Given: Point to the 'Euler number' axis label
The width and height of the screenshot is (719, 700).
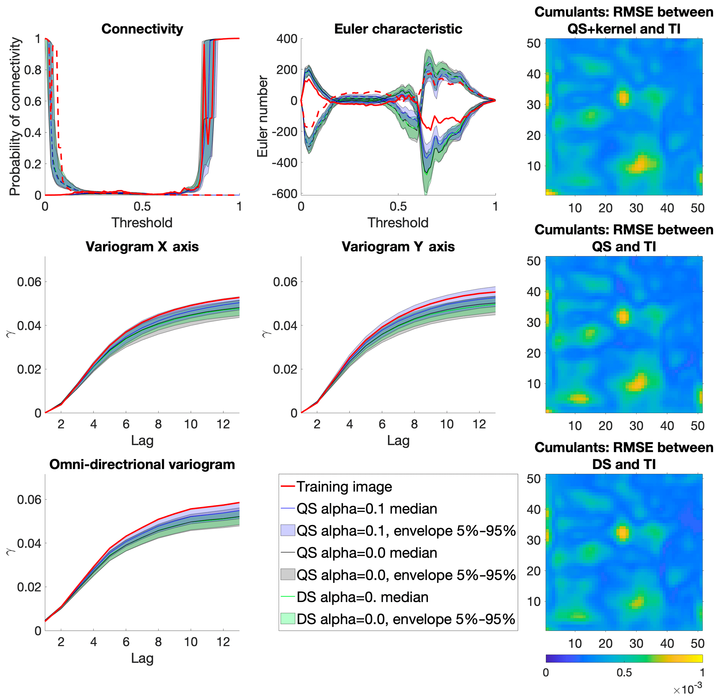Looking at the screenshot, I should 262,116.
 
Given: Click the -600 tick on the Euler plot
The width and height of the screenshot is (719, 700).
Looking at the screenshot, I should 284,193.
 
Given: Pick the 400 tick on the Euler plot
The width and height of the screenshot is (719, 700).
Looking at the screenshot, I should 287,39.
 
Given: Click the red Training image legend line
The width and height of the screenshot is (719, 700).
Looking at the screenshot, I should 288,486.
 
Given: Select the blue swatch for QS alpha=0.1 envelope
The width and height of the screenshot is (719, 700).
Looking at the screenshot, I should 288,531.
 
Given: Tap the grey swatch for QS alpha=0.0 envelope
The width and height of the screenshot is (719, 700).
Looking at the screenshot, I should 288,574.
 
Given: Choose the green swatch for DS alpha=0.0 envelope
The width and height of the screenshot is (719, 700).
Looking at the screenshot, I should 288,619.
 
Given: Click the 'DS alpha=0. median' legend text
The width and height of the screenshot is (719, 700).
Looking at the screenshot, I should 362,597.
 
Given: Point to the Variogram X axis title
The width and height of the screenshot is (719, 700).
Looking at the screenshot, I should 142,247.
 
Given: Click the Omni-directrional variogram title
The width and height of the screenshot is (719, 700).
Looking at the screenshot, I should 142,464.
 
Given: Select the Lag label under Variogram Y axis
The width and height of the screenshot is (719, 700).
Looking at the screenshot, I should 398,441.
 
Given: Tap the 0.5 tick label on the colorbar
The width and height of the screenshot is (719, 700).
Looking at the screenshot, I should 624,673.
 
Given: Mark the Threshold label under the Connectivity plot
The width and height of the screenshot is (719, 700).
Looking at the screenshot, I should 142,223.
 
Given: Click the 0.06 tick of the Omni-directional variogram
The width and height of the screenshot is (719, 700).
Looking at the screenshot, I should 30,500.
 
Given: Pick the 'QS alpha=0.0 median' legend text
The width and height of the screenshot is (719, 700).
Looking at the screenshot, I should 367,553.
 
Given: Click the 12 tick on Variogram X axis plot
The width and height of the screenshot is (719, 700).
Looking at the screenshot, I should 223,424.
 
